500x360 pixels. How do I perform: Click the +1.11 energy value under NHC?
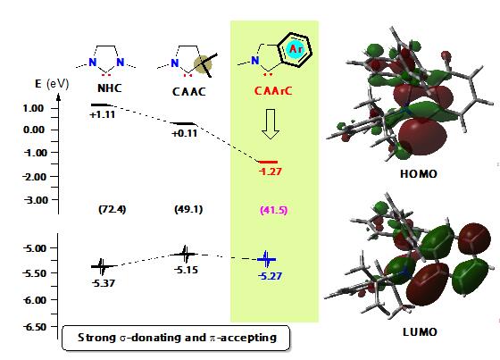pyautogui.click(x=103, y=114)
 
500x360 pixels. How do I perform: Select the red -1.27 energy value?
pyautogui.click(x=270, y=172)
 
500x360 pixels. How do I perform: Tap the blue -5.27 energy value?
pyautogui.click(x=270, y=276)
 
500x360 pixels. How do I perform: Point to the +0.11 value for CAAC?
pyautogui.click(x=185, y=133)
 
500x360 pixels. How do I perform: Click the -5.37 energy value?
pyautogui.click(x=104, y=283)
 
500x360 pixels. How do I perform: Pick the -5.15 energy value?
pyautogui.click(x=187, y=270)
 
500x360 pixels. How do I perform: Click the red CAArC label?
pyautogui.click(x=273, y=91)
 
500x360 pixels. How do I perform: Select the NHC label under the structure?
pyautogui.click(x=109, y=88)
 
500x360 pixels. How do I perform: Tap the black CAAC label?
pyautogui.click(x=189, y=92)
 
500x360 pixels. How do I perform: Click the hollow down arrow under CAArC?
pyautogui.click(x=271, y=124)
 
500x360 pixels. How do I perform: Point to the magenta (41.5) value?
pyautogui.click(x=273, y=210)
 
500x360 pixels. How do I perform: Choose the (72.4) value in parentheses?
pyautogui.click(x=112, y=209)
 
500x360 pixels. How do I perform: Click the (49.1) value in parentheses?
pyautogui.click(x=188, y=209)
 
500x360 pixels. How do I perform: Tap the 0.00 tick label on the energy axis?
pyautogui.click(x=34, y=130)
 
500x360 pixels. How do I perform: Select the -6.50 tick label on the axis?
pyautogui.click(x=35, y=327)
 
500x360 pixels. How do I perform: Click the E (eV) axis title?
pyautogui.click(x=52, y=84)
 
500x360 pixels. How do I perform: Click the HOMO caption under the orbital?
pyautogui.click(x=419, y=174)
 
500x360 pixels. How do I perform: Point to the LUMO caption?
pyautogui.click(x=420, y=332)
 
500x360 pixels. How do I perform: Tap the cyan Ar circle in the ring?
pyautogui.click(x=296, y=49)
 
